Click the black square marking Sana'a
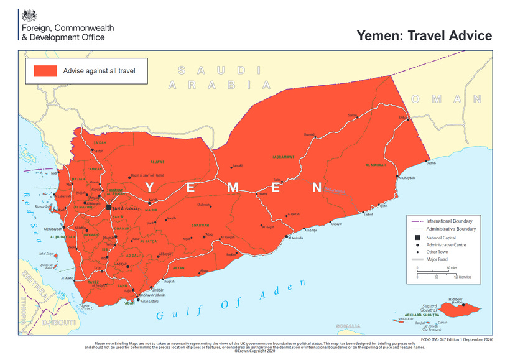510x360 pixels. pyautogui.click(x=109, y=207)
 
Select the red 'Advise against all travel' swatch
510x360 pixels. pyautogui.click(x=45, y=70)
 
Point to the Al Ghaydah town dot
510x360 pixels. pyautogui.click(x=397, y=177)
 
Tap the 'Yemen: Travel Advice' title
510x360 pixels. pyautogui.click(x=424, y=35)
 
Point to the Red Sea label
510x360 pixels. pyautogui.click(x=31, y=208)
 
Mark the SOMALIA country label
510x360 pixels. pyautogui.click(x=348, y=326)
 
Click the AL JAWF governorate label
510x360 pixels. pyautogui.click(x=158, y=162)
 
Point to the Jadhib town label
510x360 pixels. pyautogui.click(x=432, y=163)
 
